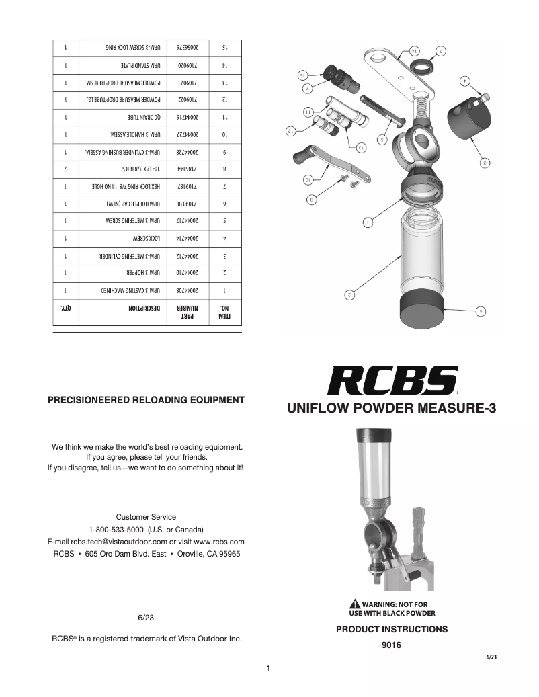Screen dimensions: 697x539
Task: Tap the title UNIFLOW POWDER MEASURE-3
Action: click(391, 408)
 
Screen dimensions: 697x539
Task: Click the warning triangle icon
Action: click(355, 604)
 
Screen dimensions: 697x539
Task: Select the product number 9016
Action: click(391, 645)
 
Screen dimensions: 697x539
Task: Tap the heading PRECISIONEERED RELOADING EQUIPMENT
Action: click(146, 400)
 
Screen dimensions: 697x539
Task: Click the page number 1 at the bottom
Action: click(268, 669)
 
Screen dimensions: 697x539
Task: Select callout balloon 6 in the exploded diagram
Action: click(480, 311)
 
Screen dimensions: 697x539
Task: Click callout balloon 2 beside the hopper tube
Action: click(349, 294)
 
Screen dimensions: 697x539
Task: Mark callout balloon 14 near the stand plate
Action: click(414, 50)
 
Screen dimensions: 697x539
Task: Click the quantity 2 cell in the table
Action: click(66, 171)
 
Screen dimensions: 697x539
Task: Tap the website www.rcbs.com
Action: click(218, 541)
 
